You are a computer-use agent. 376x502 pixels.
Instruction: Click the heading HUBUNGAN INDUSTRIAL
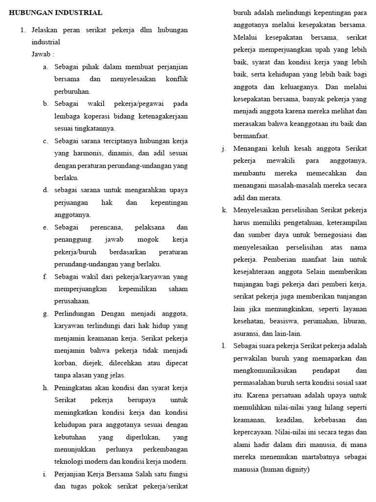point(56,13)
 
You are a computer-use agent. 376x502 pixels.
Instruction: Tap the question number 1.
point(23,30)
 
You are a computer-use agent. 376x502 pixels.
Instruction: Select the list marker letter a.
point(45,67)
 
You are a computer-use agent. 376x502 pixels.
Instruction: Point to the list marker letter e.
point(45,227)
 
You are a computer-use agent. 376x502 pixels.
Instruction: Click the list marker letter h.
point(46,388)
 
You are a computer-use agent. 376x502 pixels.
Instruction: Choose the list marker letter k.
point(224,210)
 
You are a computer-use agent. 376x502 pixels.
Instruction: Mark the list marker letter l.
point(223,346)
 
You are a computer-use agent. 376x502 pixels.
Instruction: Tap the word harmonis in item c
point(82,153)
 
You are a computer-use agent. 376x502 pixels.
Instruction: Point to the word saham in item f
point(178,289)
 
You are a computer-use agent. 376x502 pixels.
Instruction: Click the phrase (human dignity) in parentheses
point(285,470)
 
